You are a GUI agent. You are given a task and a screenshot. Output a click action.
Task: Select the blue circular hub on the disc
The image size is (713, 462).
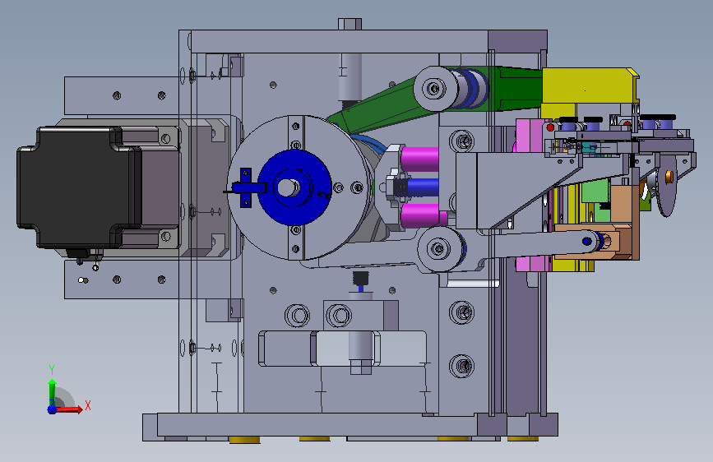pyautogui.click(x=294, y=187)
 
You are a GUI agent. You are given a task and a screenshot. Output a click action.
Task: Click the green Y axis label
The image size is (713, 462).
pyautogui.click(x=52, y=370)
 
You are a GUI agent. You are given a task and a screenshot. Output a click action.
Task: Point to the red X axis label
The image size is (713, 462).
pyautogui.click(x=88, y=405)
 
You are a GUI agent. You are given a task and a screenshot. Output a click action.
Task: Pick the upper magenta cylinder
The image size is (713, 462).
pyautogui.click(x=419, y=159)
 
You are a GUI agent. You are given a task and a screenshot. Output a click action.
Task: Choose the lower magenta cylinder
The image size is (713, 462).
pyautogui.click(x=422, y=215)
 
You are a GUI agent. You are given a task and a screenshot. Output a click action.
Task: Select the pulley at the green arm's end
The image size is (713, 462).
pyautogui.click(x=436, y=88)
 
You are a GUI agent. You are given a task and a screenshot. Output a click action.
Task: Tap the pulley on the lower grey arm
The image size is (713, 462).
pyautogui.click(x=438, y=249)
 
